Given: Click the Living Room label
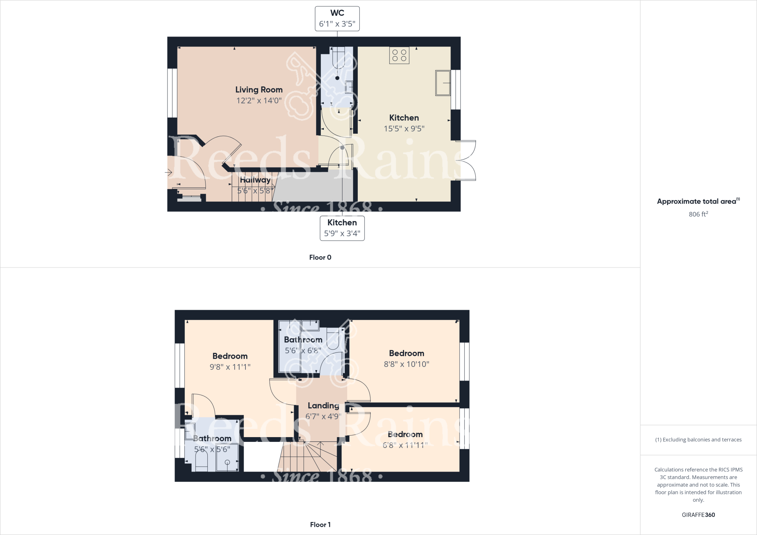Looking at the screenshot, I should click(x=259, y=90).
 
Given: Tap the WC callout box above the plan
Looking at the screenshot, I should click(x=337, y=18).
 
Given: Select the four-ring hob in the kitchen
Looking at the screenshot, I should click(x=399, y=55).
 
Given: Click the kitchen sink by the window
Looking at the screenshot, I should click(x=443, y=83).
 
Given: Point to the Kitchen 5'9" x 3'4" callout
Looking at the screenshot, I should click(x=342, y=228).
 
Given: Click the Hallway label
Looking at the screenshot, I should click(x=255, y=180).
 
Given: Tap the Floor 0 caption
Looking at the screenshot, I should click(x=320, y=258).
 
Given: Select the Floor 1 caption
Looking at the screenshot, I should click(x=320, y=525).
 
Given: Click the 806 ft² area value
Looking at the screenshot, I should click(x=698, y=214).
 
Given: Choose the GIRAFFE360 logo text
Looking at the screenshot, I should click(x=698, y=515).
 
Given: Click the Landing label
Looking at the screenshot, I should click(x=323, y=406).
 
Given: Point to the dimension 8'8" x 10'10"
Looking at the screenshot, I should click(x=406, y=364).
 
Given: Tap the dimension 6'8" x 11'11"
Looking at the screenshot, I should click(x=405, y=445).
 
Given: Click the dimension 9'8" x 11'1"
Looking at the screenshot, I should click(x=230, y=367).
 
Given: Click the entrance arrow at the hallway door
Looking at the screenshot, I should click(x=169, y=172).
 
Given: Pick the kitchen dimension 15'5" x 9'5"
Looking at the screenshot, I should click(x=404, y=129).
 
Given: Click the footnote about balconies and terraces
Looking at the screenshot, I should click(x=698, y=440).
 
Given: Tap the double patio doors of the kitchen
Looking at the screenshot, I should click(x=466, y=161).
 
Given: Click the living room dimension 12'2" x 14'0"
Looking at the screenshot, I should click(x=259, y=100).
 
